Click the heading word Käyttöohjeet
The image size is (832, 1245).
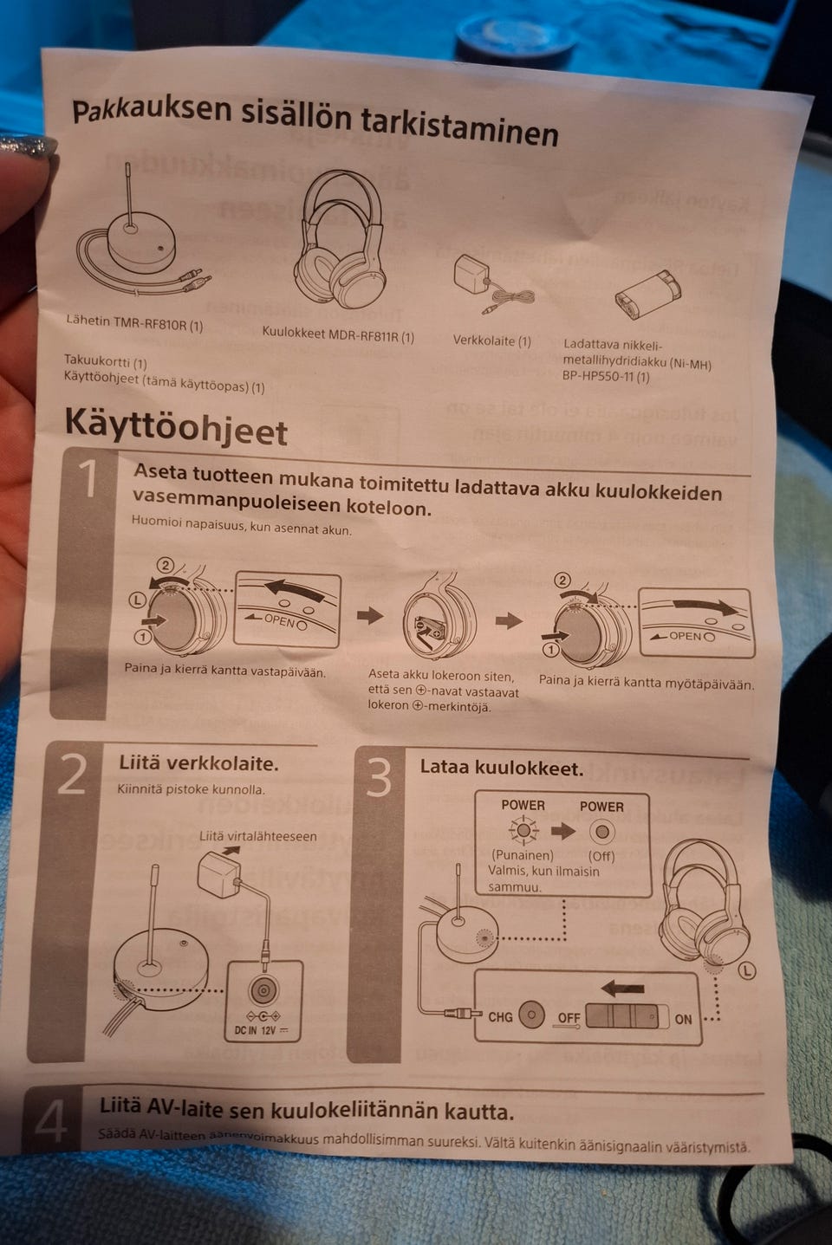point(176,426)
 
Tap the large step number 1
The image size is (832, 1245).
point(88,478)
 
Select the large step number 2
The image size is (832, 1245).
point(71,775)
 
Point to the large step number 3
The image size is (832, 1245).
point(379,779)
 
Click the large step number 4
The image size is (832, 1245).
point(50,1121)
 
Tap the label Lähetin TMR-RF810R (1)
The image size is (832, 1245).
point(134,323)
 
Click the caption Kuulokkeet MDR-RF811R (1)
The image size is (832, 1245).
point(338,335)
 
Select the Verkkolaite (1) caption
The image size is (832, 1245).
point(491,340)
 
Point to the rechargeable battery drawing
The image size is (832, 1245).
point(647,291)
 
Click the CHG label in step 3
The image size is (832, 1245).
point(500,1016)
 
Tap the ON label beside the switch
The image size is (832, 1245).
point(683,1019)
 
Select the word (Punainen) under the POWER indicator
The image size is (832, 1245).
point(522,855)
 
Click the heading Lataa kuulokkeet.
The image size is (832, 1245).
point(501,768)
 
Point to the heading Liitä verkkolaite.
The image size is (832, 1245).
point(198,763)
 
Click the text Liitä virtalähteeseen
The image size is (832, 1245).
point(257,836)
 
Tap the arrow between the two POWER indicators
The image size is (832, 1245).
point(562,831)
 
